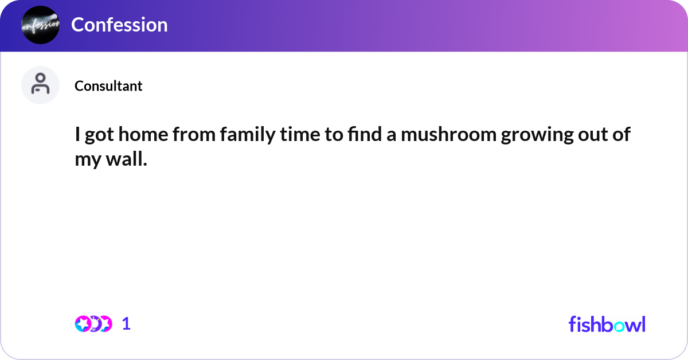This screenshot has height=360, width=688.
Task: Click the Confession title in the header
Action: point(119,25)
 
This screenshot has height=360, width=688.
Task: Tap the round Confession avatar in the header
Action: point(40,25)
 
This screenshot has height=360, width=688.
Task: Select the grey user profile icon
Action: point(40,85)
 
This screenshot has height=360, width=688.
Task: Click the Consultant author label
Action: point(108,86)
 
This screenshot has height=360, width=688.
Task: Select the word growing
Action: point(544,136)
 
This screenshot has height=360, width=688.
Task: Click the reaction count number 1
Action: point(126,324)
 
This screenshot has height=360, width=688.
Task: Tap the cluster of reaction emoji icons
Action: point(93,324)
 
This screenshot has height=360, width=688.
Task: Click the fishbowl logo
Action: point(607,324)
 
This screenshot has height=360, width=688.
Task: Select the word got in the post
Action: point(99,136)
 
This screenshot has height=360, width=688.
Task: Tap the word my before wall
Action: point(87,161)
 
